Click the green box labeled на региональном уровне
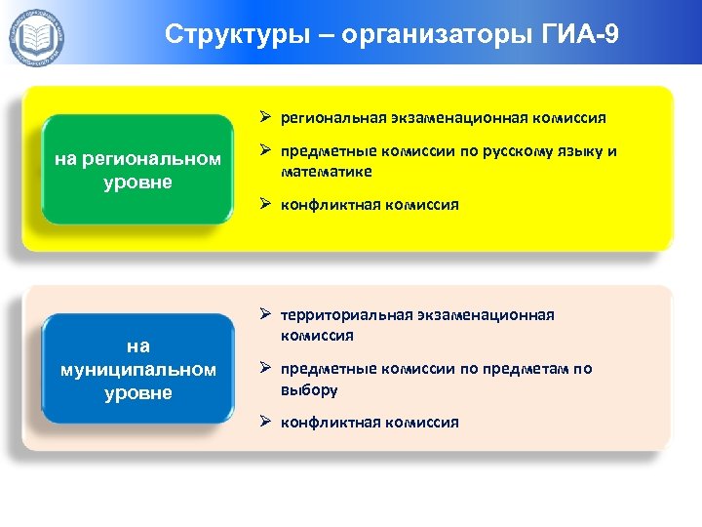point(137,171)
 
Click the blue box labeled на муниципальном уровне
point(137,370)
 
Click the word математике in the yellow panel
point(327,172)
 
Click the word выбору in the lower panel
point(309,389)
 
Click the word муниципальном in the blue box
point(137,370)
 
